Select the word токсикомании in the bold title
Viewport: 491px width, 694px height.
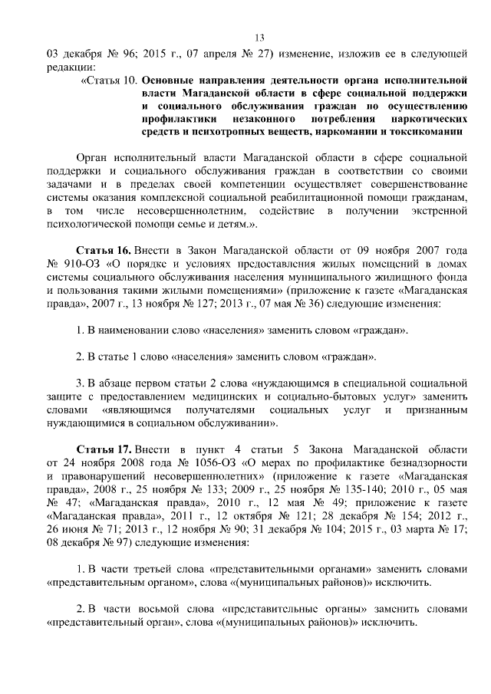click(x=430, y=131)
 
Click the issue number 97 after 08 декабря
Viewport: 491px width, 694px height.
click(x=124, y=541)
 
